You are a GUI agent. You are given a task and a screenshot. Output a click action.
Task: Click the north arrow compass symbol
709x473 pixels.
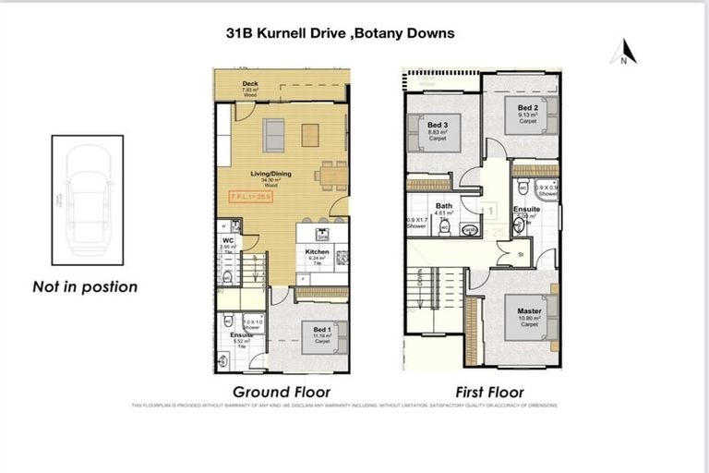[x=625, y=52]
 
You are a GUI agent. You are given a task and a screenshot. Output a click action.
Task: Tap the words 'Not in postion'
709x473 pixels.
[x=85, y=286]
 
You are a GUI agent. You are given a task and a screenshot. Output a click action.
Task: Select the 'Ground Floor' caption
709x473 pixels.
[x=281, y=392]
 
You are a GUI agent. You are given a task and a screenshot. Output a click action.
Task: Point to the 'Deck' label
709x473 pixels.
[x=249, y=84]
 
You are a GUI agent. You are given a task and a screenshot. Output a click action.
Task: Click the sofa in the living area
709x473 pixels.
[x=275, y=135]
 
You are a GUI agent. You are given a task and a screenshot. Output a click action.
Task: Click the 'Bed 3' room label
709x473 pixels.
[x=438, y=126]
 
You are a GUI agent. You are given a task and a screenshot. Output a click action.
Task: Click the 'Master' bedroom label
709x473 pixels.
[x=529, y=311]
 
